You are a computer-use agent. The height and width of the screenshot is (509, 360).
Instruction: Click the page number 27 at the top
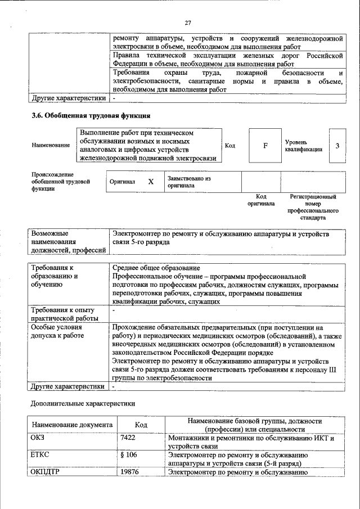(x=188, y=22)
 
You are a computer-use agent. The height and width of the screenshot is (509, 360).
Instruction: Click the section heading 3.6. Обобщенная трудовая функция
(x=90, y=116)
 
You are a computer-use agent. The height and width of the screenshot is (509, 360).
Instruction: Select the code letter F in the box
(x=265, y=146)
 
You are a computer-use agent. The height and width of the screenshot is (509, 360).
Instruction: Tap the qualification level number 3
(x=337, y=146)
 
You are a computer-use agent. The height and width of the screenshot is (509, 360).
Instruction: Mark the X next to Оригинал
(x=151, y=182)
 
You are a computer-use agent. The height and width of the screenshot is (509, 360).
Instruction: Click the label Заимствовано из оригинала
(x=188, y=182)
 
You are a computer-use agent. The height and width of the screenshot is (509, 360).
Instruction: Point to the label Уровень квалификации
(x=304, y=146)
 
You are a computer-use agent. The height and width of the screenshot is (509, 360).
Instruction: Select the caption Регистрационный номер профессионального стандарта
(x=313, y=207)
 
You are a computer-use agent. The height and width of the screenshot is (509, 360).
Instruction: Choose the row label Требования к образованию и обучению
(x=56, y=276)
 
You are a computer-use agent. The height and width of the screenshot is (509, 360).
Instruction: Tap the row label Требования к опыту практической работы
(x=62, y=314)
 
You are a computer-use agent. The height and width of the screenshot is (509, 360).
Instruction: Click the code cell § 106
(x=128, y=454)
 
